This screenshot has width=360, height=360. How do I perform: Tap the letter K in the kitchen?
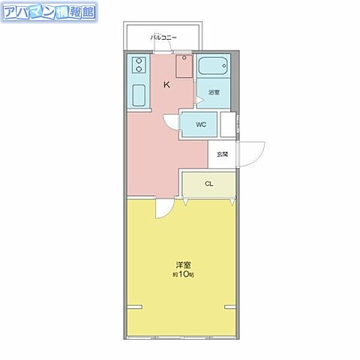pyautogui.click(x=166, y=85)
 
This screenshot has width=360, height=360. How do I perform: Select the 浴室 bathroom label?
pyautogui.click(x=214, y=92)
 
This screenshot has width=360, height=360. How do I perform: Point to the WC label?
pyautogui.click(x=201, y=124)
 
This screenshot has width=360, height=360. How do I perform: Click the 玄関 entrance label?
pyautogui.click(x=223, y=154)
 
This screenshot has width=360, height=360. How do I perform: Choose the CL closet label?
pyautogui.click(x=209, y=183)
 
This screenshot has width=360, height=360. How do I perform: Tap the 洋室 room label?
pyautogui.click(x=181, y=265)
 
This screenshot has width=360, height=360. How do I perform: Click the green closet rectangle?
pyautogui.click(x=208, y=184)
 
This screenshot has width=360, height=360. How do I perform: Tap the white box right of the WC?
pyautogui.click(x=227, y=124)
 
